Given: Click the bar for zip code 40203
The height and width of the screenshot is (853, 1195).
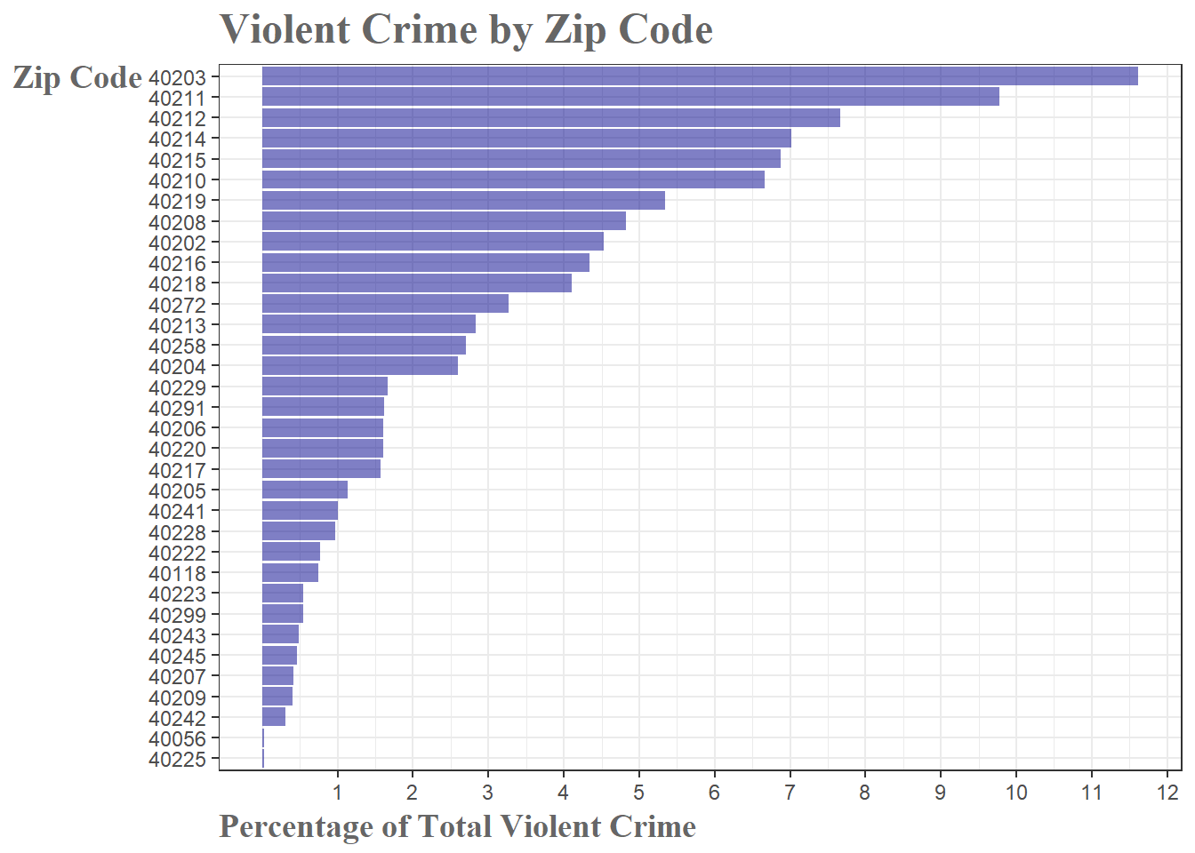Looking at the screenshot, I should (x=700, y=76).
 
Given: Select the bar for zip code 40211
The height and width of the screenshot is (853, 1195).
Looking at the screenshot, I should (x=630, y=97).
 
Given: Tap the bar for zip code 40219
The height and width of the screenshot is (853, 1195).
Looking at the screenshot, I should (x=463, y=201).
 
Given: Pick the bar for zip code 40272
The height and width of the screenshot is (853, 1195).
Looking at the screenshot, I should (x=385, y=304).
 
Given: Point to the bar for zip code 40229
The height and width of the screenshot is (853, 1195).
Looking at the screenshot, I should (x=325, y=387).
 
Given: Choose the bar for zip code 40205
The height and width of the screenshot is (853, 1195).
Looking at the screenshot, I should (x=305, y=490).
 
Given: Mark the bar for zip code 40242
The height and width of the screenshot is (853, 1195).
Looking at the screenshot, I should (x=274, y=717).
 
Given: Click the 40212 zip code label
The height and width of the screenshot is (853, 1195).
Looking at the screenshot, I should (x=177, y=119).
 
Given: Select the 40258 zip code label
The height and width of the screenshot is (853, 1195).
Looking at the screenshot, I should (x=177, y=347).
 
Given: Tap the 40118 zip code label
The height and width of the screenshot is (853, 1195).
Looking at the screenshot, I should (x=177, y=574).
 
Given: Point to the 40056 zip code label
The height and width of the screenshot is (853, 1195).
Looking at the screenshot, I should (x=177, y=739).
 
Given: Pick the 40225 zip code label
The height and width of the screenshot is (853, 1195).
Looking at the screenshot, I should (x=177, y=760).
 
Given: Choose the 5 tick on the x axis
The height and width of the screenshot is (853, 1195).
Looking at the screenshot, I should (x=638, y=793).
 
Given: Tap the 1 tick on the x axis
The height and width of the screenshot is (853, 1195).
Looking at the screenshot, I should (x=337, y=793).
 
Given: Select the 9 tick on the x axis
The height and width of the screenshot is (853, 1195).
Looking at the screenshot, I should (x=940, y=793).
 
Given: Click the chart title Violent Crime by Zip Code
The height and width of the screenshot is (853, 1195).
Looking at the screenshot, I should (x=466, y=29).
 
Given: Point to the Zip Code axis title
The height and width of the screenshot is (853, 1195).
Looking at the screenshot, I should (x=77, y=78).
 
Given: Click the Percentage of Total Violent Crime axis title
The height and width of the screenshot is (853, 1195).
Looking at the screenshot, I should (x=457, y=826).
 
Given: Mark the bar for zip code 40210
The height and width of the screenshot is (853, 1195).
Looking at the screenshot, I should (x=513, y=179).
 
